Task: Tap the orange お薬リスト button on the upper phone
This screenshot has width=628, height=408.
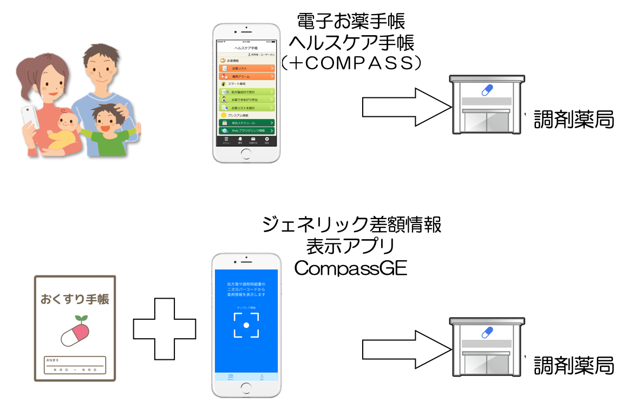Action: pyautogui.click(x=246, y=69)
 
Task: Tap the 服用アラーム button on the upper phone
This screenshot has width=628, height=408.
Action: pyautogui.click(x=246, y=77)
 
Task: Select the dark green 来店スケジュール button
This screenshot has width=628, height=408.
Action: pyautogui.click(x=246, y=123)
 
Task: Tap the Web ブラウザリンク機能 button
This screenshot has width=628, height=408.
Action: pyautogui.click(x=246, y=130)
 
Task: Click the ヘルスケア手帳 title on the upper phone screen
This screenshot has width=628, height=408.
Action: pyautogui.click(x=246, y=48)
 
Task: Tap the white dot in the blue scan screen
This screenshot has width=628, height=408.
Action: pyautogui.click(x=246, y=325)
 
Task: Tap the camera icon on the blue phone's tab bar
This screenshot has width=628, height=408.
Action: pyautogui.click(x=231, y=376)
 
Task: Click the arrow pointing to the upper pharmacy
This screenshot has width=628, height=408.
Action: pyautogui.click(x=405, y=102)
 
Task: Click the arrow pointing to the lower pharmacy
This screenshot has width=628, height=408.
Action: pyautogui.click(x=405, y=347)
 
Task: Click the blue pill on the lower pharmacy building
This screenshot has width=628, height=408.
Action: pyautogui.click(x=488, y=332)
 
